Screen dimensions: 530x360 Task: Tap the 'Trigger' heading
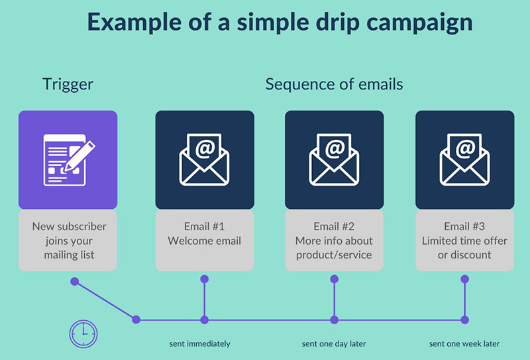68,85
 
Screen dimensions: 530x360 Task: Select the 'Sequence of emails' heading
334,84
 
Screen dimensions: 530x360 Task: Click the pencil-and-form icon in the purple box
70,160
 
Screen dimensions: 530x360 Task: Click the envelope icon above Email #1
204,160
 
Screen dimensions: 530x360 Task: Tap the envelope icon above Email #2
334,160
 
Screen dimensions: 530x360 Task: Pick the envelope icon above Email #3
464,160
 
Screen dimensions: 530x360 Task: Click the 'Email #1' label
204,226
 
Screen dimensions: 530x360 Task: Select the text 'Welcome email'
204,241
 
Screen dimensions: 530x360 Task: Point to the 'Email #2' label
334,226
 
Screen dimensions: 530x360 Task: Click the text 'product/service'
334,255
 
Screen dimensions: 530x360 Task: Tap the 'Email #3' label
464,226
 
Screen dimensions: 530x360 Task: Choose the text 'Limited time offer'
464,241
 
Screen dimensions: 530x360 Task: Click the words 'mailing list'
69,255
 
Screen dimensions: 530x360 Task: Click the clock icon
83,334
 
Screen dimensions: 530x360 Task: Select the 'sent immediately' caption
200,344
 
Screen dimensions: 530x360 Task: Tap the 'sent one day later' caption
334,344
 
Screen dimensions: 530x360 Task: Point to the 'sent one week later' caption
464,344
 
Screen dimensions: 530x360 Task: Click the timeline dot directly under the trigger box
75,282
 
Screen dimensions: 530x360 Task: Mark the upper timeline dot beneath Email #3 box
465,279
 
